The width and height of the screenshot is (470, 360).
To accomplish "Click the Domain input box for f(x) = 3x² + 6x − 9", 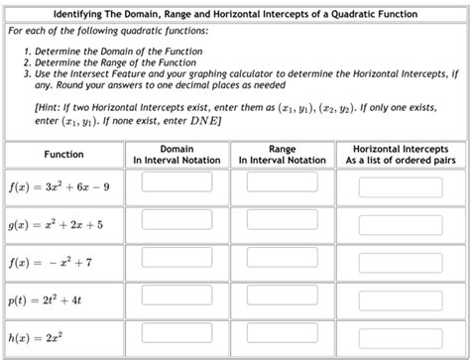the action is [x=177, y=184].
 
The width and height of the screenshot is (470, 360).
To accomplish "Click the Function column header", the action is [x=64, y=155].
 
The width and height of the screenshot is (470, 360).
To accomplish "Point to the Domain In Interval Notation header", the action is [x=176, y=155].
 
